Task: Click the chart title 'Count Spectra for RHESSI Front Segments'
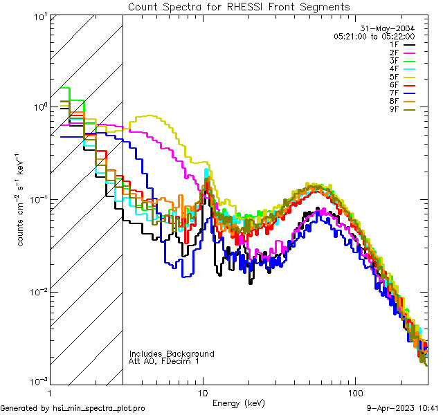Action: tap(239, 7)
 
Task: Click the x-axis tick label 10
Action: tap(203, 392)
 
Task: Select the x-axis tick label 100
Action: tap(354, 392)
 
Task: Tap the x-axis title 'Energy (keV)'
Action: tap(238, 403)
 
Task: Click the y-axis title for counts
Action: tap(21, 200)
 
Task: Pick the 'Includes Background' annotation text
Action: tap(172, 353)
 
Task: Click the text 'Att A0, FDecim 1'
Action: tap(164, 361)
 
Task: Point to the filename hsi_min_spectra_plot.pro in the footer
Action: tap(99, 409)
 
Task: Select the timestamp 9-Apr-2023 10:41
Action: tap(402, 409)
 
